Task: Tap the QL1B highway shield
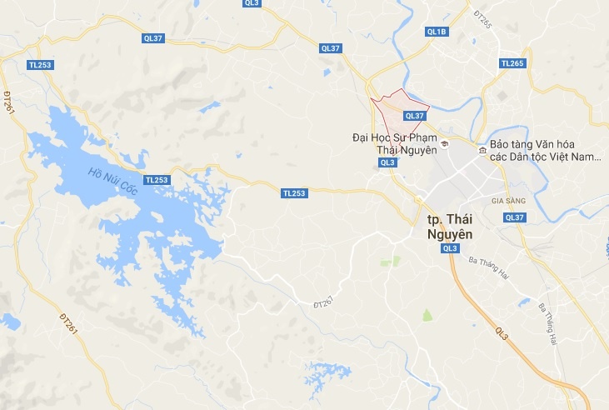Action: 437,32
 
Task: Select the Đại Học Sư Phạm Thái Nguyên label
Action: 395,143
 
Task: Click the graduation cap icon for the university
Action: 446,145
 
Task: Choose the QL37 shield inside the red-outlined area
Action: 414,117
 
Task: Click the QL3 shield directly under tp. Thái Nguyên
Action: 450,248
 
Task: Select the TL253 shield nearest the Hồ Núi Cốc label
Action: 156,179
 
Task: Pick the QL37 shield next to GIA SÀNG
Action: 515,217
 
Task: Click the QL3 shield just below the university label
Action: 387,162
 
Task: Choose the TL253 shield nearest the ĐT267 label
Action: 294,192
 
